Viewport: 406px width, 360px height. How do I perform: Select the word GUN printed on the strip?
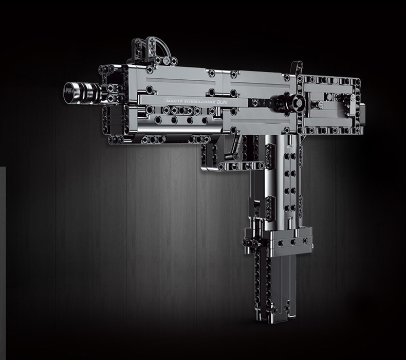tap(222, 102)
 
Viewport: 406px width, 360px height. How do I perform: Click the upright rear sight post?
tap(297, 68)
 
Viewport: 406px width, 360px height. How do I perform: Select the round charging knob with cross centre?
tap(298, 103)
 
